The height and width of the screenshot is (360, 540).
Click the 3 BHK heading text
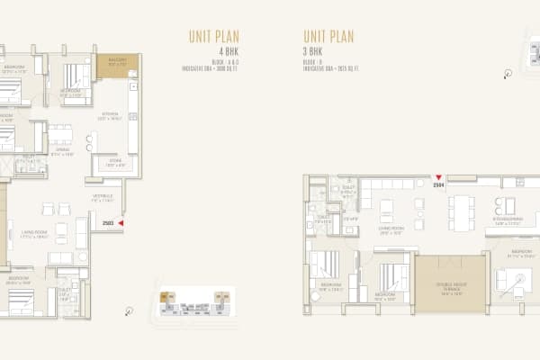coord(314,52)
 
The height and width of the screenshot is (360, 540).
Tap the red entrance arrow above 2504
coord(438,178)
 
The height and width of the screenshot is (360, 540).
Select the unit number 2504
coord(438,186)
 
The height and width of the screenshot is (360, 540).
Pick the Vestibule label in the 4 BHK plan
coord(102,197)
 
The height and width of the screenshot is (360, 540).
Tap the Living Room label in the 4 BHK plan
coord(33,235)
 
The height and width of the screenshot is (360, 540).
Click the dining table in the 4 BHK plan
coord(60,135)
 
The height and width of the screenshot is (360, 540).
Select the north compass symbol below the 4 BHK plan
coord(130,311)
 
